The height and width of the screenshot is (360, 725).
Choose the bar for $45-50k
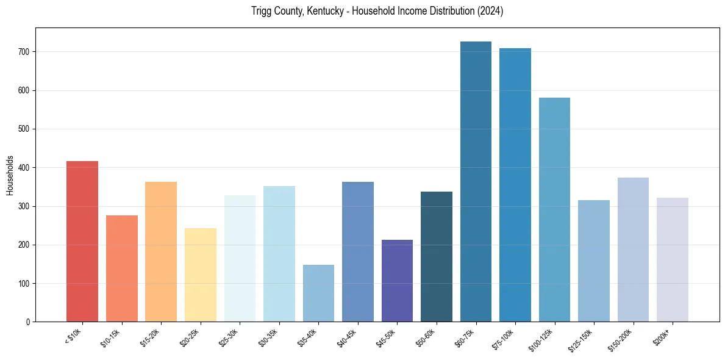pyautogui.click(x=397, y=281)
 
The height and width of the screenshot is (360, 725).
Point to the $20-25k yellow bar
pyautogui.click(x=201, y=275)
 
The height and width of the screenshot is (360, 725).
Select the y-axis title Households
pyautogui.click(x=10, y=175)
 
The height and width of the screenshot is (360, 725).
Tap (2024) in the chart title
pyautogui.click(x=490, y=11)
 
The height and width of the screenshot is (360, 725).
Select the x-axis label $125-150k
pyautogui.click(x=584, y=338)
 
